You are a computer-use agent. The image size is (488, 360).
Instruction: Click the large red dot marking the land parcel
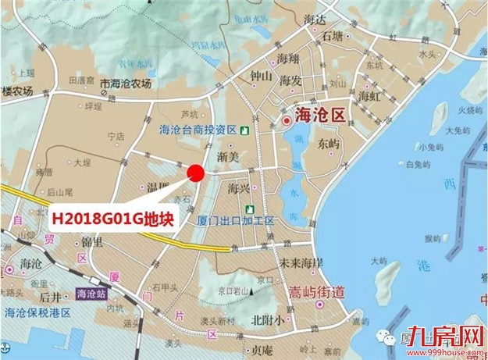pos(195,173)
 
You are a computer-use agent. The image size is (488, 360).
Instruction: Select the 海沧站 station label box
pos(94,294)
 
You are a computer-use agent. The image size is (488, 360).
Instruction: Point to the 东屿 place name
pos(329,144)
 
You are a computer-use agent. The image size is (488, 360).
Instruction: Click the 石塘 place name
pos(327,36)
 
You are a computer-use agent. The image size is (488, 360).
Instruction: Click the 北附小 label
pos(268,319)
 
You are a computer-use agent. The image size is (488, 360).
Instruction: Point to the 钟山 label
pos(260,77)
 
